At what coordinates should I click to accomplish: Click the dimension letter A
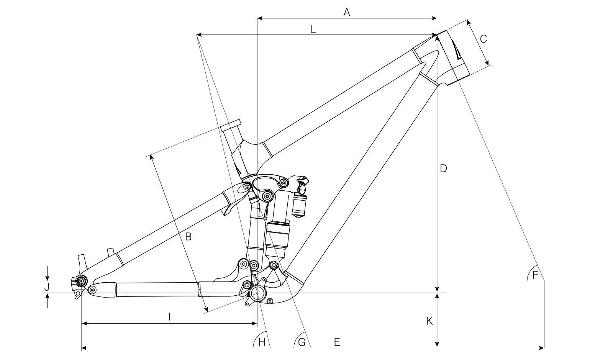click(347, 13)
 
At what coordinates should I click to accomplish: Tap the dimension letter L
click(313, 29)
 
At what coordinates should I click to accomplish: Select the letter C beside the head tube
click(483, 39)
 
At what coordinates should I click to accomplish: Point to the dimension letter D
click(443, 169)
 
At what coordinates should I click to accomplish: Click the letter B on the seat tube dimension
click(188, 237)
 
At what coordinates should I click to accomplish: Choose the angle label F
click(535, 275)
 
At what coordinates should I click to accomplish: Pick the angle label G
click(302, 342)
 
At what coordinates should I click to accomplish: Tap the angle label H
click(262, 342)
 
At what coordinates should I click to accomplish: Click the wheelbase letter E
click(337, 342)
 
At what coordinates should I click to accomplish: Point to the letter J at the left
click(47, 287)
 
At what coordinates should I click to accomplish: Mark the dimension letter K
click(429, 321)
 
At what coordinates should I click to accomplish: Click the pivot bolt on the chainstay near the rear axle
click(92, 290)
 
